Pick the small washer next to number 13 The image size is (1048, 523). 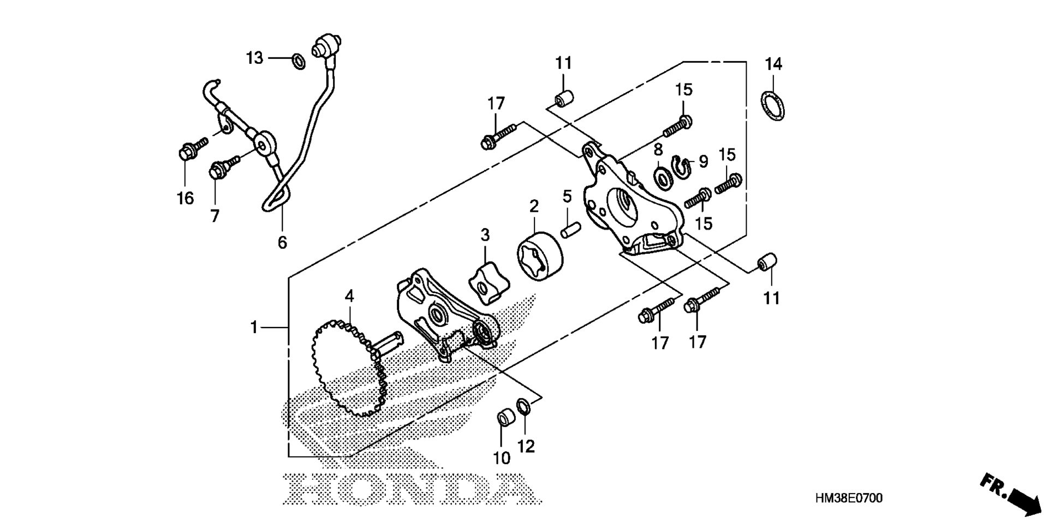[x=299, y=61]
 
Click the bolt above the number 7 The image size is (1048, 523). [x=224, y=167]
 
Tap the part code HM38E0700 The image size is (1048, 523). [x=848, y=498]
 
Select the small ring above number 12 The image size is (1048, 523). [x=524, y=407]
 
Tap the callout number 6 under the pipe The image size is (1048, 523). [x=282, y=242]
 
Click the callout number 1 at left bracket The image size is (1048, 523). [x=254, y=328]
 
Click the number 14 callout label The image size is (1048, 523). [x=773, y=64]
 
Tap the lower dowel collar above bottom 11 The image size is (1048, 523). [x=767, y=261]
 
